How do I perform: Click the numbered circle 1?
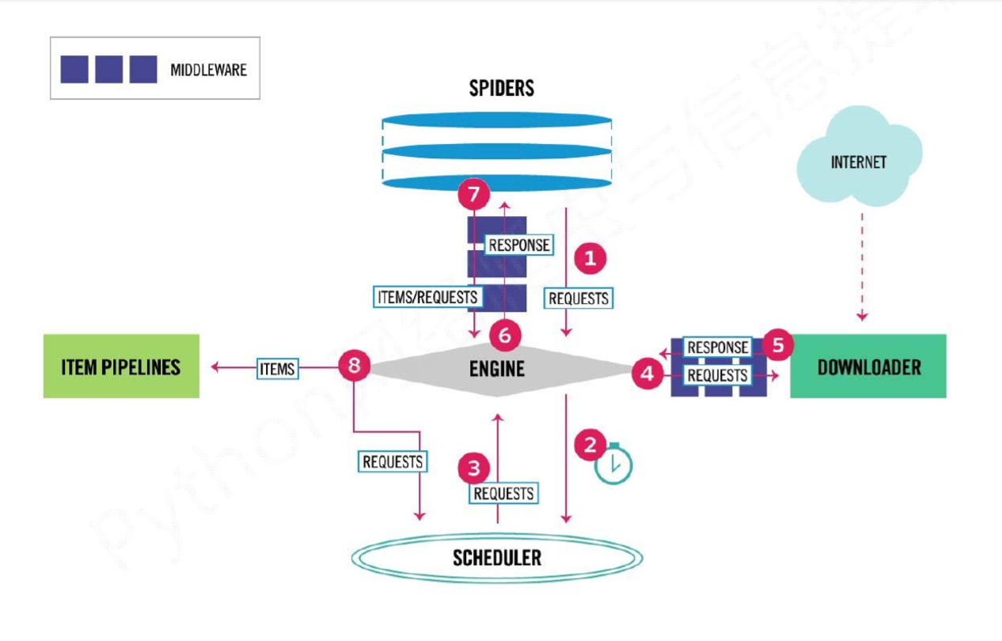(x=590, y=258)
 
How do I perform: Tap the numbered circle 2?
(x=590, y=444)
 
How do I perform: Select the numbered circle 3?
(x=473, y=468)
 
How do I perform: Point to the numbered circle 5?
(x=779, y=345)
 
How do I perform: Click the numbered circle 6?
(x=505, y=336)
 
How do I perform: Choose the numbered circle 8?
(x=354, y=366)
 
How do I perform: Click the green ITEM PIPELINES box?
(x=121, y=366)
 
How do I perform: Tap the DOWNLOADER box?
(x=868, y=366)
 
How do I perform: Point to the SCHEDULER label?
(x=497, y=558)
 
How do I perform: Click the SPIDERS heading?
(x=502, y=88)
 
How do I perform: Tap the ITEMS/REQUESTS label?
(x=427, y=297)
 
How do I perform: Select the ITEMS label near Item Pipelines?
(x=277, y=368)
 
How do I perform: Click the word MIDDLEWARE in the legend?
(x=208, y=70)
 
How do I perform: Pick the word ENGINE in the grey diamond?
(x=497, y=368)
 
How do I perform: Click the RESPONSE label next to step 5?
(x=717, y=347)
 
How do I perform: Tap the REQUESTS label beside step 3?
(x=503, y=494)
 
